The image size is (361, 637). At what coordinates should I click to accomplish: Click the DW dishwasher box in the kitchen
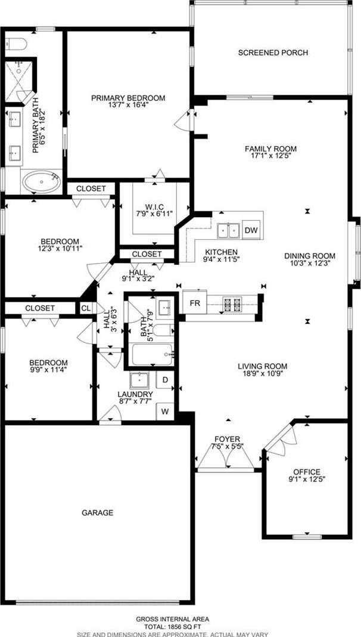tap(251, 230)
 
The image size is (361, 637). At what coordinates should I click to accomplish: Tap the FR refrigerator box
tap(195, 302)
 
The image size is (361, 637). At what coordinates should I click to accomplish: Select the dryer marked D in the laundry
tap(165, 380)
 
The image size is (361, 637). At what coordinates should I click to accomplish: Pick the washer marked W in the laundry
tap(165, 411)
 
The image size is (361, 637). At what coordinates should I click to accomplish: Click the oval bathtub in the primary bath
tap(41, 182)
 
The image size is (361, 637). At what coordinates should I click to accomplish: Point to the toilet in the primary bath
tap(16, 43)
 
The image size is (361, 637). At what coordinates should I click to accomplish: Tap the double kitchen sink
tap(228, 230)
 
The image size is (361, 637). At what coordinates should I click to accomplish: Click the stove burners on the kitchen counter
tap(232, 302)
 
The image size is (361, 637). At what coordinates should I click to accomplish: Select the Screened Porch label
tap(273, 53)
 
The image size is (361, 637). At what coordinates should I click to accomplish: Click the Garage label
tap(97, 513)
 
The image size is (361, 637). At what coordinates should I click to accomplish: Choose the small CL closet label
tap(86, 308)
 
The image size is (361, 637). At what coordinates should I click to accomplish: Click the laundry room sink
tap(139, 381)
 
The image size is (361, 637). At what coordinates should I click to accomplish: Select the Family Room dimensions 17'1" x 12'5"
tap(270, 155)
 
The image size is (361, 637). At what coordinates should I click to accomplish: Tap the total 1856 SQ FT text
tap(172, 626)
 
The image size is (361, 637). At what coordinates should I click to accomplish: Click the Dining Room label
tap(310, 256)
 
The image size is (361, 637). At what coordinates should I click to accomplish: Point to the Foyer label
tap(227, 439)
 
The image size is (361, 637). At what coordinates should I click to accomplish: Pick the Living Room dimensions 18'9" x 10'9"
tap(263, 373)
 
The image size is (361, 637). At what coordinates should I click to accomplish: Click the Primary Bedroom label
tap(128, 98)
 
